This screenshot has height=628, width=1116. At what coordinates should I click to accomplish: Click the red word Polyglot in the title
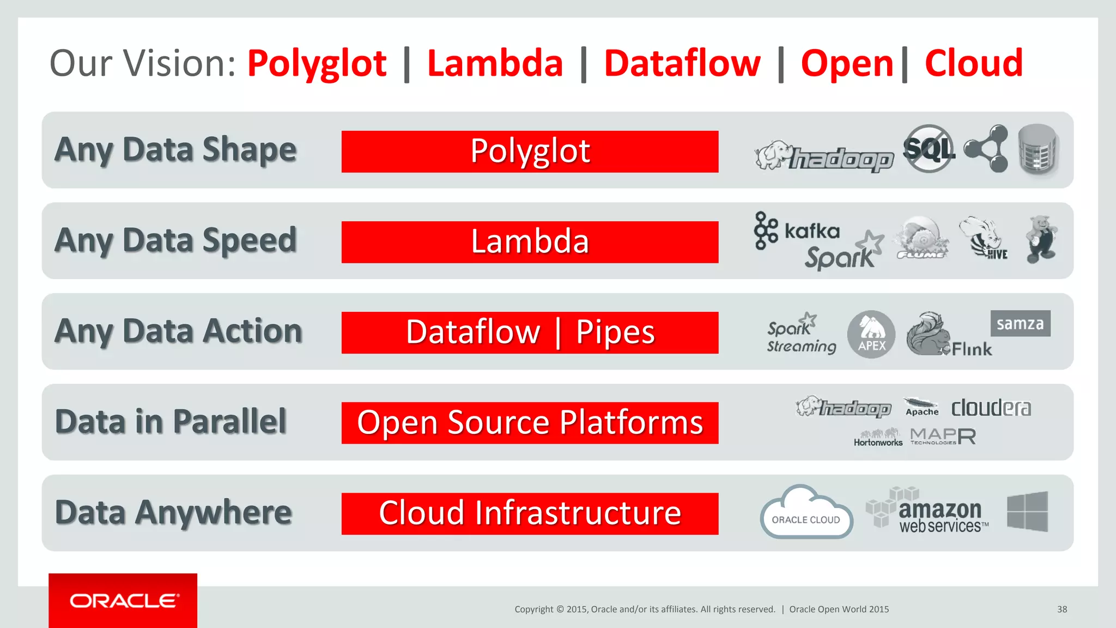coord(317,64)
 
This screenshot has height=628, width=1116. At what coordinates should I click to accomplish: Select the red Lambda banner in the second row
coord(530,242)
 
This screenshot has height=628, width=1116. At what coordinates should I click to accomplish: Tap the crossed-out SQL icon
coord(929,148)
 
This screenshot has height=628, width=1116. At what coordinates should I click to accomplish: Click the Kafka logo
coord(797,231)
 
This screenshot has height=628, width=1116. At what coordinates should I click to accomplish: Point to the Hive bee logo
coord(983,239)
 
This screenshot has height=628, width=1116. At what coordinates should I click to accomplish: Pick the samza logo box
coord(1020,324)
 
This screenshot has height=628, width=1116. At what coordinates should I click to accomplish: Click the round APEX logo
coord(871,334)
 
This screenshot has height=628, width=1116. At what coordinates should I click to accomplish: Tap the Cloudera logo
coord(991,408)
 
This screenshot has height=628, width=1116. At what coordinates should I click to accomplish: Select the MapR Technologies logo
coord(943,436)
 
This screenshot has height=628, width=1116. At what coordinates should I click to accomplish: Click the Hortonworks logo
coord(878,437)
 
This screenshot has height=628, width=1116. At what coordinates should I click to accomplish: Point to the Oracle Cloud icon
coord(806,512)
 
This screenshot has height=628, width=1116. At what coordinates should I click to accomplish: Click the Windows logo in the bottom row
coord(1027,511)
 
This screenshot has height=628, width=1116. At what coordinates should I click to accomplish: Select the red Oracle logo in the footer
coord(123,601)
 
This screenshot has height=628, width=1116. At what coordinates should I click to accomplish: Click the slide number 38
coord(1062,609)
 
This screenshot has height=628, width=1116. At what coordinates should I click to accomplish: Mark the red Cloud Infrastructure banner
coord(530,514)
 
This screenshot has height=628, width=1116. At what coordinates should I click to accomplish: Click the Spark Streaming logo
coord(800,335)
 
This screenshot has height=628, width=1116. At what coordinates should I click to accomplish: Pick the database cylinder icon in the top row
coord(1038,149)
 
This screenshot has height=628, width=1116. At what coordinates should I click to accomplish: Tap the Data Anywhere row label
coord(174,513)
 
